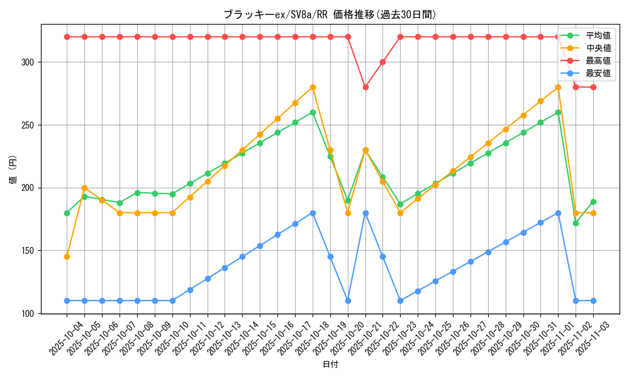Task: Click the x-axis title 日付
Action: [x=330, y=365]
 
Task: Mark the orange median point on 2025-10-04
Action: [x=67, y=256]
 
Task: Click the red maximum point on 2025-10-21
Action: [x=365, y=87]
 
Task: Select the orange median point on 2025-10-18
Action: [x=313, y=87]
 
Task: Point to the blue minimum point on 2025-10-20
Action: [x=348, y=301]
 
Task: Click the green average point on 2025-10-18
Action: [x=313, y=112]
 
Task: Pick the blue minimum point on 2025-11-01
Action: [x=558, y=213]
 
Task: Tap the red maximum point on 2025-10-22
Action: [x=383, y=62]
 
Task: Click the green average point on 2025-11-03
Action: [x=593, y=202]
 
